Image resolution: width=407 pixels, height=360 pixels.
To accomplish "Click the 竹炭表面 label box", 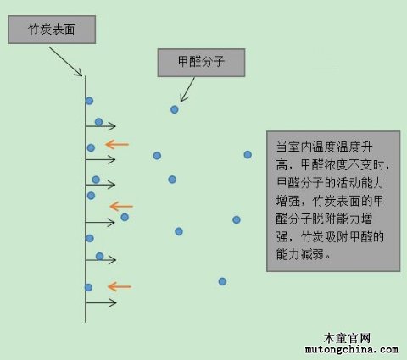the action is point(52,30).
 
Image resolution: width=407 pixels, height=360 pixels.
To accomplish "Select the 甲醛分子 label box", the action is point(201,63).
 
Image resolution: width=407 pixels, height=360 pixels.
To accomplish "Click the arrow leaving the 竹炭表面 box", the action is point(65,62).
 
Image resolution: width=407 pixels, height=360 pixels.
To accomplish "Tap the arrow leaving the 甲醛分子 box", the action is point(187,90).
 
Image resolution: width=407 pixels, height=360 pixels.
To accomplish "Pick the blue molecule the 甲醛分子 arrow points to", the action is point(175,109).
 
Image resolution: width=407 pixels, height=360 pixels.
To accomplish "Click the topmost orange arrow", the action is point(117,144).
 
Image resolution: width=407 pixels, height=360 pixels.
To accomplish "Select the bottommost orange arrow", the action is point(120,286).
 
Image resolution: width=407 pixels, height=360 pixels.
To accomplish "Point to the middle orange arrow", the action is point(121,207).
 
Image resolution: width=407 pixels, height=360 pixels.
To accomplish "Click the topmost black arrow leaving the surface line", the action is point(100,126).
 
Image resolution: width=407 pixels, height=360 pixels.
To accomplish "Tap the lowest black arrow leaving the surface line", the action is point(101,303).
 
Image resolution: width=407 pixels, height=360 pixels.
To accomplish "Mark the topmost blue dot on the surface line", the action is point(89,101).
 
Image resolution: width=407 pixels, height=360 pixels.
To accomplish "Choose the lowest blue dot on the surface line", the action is point(88,287).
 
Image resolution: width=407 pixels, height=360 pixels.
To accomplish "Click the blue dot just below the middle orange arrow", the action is point(125,217).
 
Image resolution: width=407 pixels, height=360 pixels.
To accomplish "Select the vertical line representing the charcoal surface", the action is point(85,199).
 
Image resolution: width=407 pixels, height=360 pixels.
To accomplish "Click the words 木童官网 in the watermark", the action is point(347,338).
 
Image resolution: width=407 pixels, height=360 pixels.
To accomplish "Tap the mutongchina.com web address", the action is point(351,350).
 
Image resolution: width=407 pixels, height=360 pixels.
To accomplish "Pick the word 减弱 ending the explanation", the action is point(312,255).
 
